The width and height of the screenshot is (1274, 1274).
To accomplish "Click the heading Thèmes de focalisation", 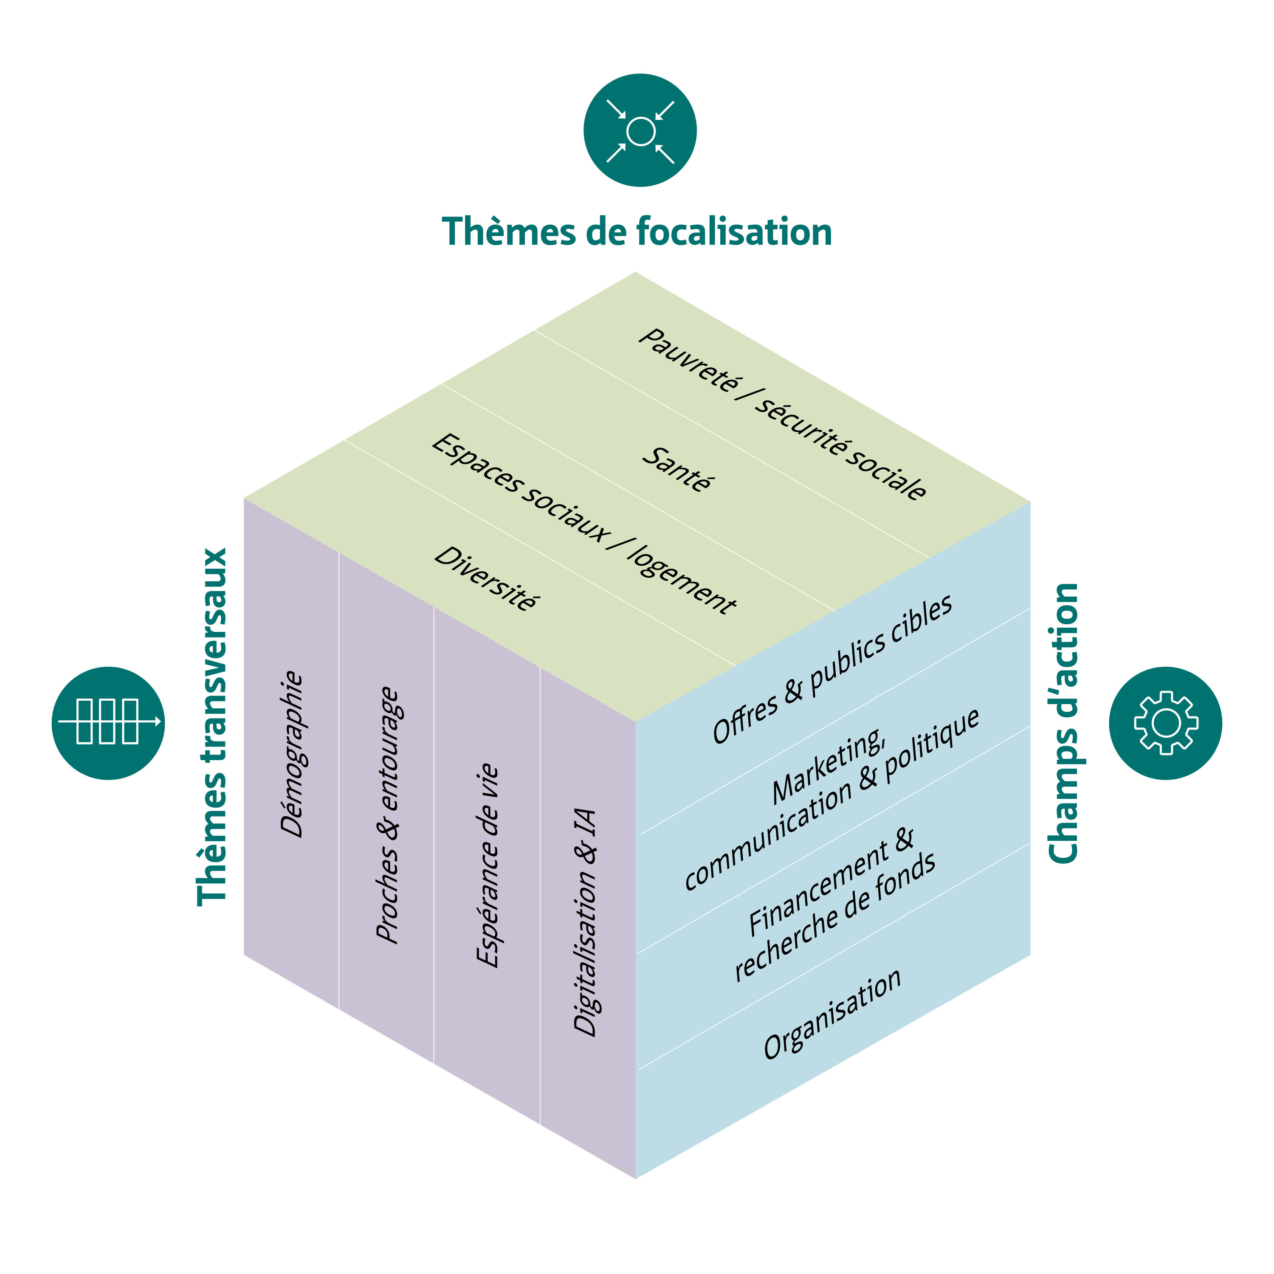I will (637, 232).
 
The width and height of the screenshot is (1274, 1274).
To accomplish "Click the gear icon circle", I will (1165, 723).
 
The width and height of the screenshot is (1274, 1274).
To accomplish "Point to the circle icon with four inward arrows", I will (640, 130).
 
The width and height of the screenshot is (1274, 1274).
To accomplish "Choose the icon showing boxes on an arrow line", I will (108, 723).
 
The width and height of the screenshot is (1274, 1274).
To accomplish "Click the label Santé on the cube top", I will (677, 470).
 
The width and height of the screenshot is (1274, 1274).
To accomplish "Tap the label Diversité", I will (485, 578).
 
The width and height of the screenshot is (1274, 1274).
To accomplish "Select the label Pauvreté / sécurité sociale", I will (783, 414).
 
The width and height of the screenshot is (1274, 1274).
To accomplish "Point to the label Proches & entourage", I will (388, 816).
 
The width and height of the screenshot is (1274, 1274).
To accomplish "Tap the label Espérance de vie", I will (488, 865).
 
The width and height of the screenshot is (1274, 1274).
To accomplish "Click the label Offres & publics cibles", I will (833, 669).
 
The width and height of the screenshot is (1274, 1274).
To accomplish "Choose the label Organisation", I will (832, 1014).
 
